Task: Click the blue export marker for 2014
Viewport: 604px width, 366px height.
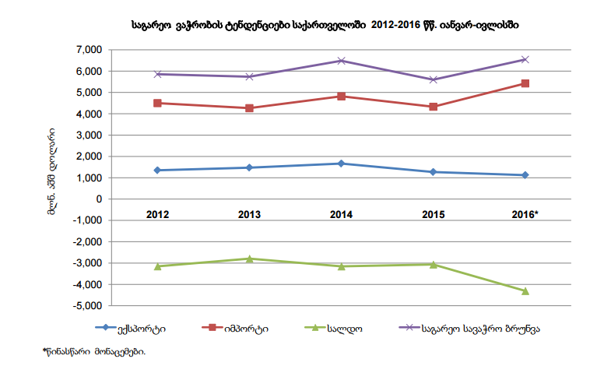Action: click(x=341, y=164)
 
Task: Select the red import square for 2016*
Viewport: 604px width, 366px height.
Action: click(x=525, y=83)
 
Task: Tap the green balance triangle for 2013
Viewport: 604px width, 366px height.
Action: click(x=250, y=259)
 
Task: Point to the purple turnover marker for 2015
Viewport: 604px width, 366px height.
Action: click(x=434, y=79)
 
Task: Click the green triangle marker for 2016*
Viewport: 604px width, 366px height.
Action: click(x=525, y=291)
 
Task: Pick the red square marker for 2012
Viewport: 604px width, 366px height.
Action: click(x=158, y=103)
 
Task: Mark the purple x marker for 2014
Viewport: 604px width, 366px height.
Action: click(x=341, y=61)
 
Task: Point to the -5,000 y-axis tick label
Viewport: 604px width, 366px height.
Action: click(x=87, y=307)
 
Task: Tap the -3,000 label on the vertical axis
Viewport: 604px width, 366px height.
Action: click(x=87, y=264)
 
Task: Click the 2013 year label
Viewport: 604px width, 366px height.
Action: click(x=250, y=213)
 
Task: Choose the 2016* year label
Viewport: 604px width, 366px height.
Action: click(x=525, y=213)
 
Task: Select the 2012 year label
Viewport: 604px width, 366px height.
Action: click(x=158, y=213)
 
